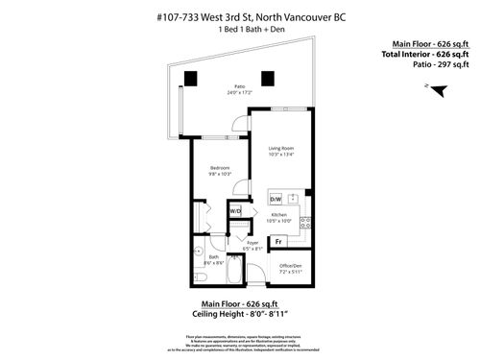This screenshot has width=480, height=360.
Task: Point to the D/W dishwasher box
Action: pyautogui.click(x=276, y=199)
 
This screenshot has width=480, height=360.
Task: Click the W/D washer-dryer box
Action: pyautogui.click(x=235, y=209)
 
